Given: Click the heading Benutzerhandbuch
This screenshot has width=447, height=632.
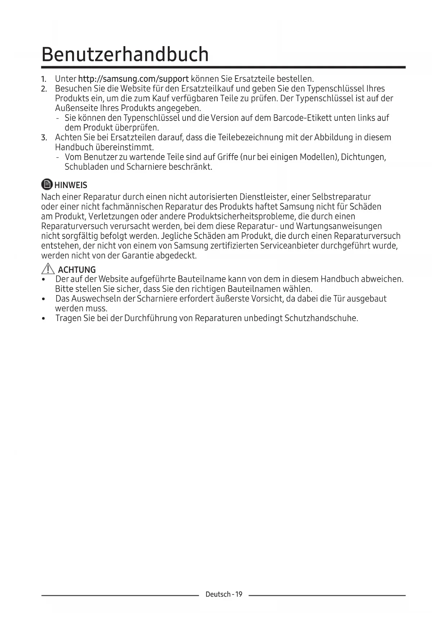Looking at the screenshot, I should click(x=125, y=54).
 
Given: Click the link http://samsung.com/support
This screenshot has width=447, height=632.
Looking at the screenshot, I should click(x=133, y=79).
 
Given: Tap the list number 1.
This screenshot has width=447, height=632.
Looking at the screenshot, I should click(x=44, y=79).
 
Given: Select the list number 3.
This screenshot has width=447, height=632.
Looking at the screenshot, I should click(x=44, y=138).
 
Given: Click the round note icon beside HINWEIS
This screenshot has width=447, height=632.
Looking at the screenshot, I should click(x=47, y=184).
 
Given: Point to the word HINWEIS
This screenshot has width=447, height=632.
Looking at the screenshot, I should click(x=71, y=185).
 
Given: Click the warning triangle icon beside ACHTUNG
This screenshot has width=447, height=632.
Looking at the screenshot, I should click(x=48, y=269).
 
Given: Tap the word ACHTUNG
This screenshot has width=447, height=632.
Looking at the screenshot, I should click(x=77, y=270).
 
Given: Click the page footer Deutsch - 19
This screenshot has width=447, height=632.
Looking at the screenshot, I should click(x=224, y=594).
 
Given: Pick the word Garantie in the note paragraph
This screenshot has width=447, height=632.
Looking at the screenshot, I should click(x=138, y=256).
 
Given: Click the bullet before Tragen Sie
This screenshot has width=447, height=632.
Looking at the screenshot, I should click(x=44, y=319).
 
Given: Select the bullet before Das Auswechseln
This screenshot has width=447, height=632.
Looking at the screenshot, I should click(x=44, y=299).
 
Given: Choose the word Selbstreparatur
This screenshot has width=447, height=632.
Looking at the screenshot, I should click(x=341, y=197).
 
